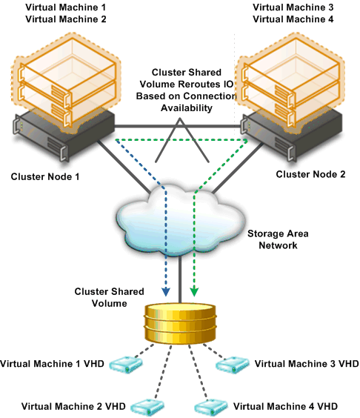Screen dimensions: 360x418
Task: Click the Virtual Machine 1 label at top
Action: tap(65, 7)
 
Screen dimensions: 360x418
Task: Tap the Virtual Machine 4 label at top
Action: tap(293, 19)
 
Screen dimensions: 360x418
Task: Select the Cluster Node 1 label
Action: tap(45, 176)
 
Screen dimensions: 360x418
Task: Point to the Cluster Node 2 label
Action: tap(310, 174)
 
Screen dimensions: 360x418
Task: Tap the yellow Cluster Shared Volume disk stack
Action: tap(180, 323)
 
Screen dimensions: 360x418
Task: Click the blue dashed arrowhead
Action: tap(166, 292)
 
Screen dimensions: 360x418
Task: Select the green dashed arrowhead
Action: tap(195, 292)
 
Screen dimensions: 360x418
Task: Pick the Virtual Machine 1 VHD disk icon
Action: tap(126, 365)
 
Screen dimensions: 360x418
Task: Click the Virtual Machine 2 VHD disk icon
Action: tap(147, 408)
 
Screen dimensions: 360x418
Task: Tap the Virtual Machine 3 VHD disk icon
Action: tap(233, 365)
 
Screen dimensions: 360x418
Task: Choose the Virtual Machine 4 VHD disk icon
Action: tap(211, 408)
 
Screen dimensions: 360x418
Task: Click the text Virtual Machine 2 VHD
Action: tap(73, 406)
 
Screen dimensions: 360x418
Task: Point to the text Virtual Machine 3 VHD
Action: tap(307, 364)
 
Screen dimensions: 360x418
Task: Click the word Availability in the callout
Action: tap(187, 107)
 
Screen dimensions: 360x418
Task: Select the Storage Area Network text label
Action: tap(278, 239)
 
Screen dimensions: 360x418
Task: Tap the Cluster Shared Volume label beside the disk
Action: tap(109, 297)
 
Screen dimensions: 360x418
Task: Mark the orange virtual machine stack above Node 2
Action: tap(290, 83)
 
